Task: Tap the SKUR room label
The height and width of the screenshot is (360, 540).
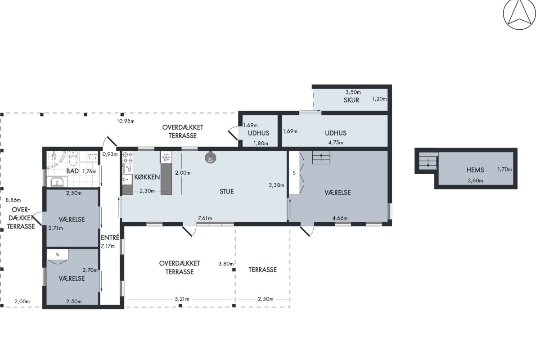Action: pos(351,100)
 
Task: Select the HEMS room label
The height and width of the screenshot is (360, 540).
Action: pos(475,170)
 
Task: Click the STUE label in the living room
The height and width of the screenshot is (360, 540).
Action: pos(227,192)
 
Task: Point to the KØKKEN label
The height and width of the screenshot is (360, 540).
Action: pos(147,177)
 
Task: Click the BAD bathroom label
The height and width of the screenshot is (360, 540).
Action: pos(72,171)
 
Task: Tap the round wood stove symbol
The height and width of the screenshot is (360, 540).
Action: pos(211,158)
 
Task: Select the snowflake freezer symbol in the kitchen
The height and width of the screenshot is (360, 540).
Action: pos(166,157)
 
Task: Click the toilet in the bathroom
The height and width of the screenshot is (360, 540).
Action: pos(73,158)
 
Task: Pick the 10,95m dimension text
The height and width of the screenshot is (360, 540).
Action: pos(126,121)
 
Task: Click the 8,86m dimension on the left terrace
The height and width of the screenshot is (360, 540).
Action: pos(13,200)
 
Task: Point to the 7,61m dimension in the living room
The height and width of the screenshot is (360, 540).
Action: pos(205,218)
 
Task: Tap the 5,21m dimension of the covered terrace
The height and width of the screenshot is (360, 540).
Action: pos(182,299)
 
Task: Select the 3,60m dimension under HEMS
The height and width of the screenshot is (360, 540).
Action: pos(475,180)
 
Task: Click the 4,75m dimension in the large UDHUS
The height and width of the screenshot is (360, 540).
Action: pos(336,143)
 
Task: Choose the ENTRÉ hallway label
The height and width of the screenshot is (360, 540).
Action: pos(110,238)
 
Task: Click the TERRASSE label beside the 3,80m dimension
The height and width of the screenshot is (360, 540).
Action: pos(262,270)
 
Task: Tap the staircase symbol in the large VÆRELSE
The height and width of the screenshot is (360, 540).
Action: pos(321,157)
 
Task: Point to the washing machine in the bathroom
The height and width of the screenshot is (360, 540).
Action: pos(93,157)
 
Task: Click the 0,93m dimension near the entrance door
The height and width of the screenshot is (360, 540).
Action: pos(110,154)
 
